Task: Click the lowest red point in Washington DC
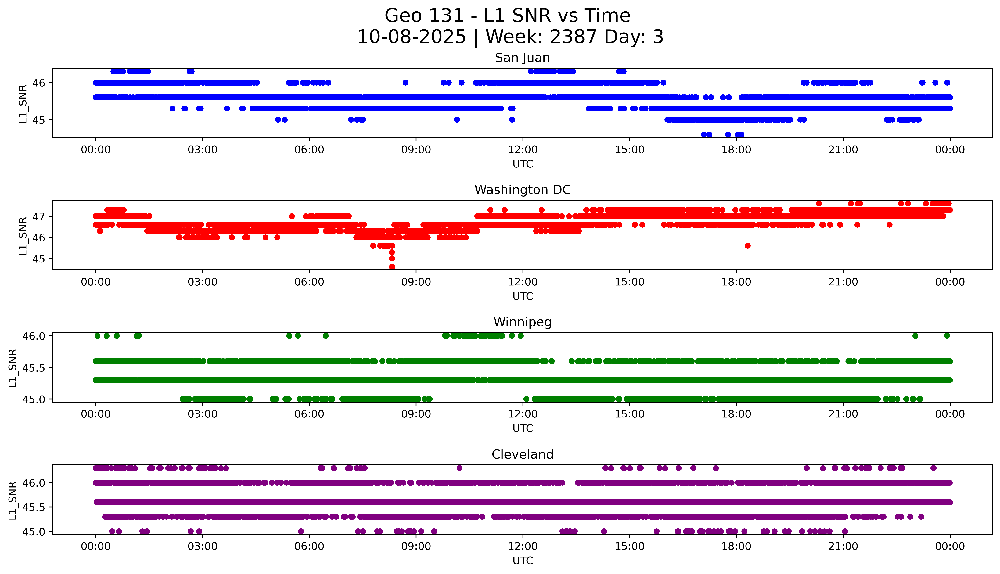point(392,267)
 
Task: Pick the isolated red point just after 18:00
point(747,246)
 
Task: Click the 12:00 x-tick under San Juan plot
point(523,150)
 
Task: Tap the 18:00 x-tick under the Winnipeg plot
point(736,414)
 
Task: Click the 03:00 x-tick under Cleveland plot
point(203,546)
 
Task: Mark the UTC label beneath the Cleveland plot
point(523,560)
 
